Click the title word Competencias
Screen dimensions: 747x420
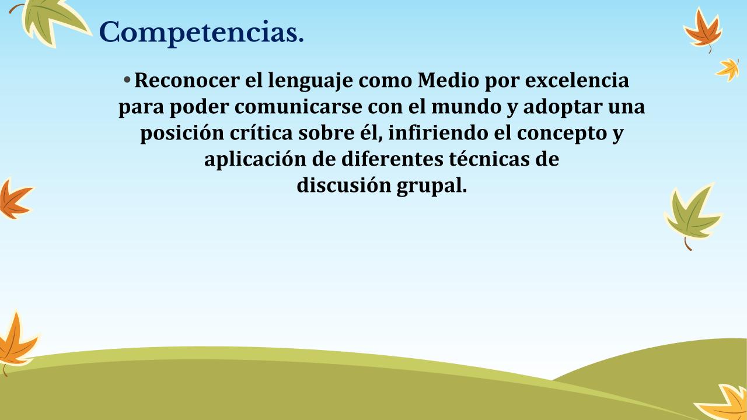[x=201, y=33]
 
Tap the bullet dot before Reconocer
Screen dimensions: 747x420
[x=127, y=80]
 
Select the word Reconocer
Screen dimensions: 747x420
[x=187, y=80]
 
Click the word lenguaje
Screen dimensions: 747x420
[x=310, y=81]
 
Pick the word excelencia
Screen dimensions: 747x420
[x=577, y=80]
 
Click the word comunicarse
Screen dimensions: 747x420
[x=298, y=107]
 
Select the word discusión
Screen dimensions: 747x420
[x=344, y=185]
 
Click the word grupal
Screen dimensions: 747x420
[x=432, y=186]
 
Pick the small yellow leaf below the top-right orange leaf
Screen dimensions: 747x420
[x=728, y=69]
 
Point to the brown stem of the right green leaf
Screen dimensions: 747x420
[x=687, y=244]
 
